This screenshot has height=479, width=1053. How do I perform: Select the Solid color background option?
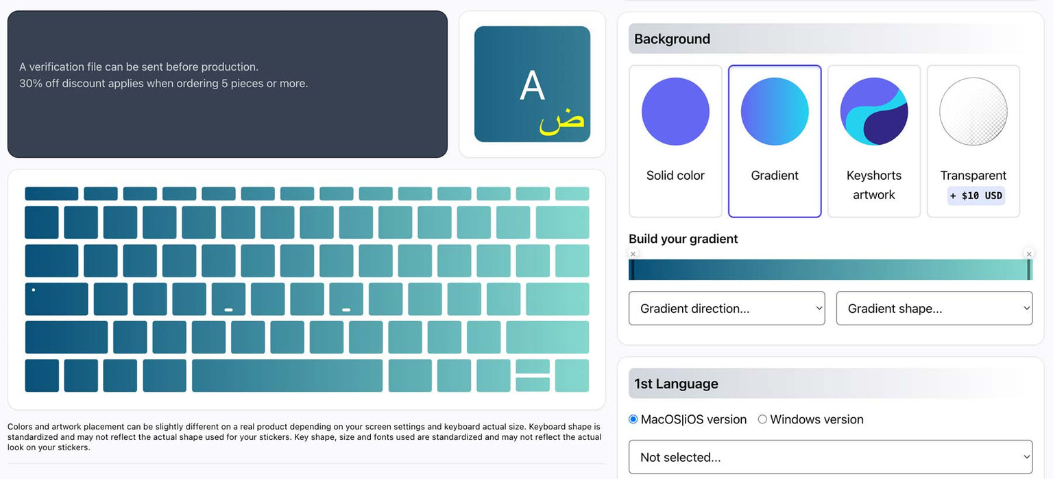[675, 141]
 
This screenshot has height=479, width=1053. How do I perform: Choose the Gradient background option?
[775, 141]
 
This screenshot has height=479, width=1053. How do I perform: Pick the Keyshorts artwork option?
[874, 141]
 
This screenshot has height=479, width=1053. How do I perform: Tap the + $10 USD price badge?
[976, 196]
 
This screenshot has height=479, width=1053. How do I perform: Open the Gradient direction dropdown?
[727, 308]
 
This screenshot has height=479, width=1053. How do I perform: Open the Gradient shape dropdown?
[934, 308]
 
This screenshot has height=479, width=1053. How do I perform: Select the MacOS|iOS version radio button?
[633, 419]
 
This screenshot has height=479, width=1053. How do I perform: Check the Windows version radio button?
[762, 419]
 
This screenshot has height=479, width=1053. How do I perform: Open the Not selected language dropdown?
[830, 457]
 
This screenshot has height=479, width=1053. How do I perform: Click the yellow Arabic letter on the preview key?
[561, 121]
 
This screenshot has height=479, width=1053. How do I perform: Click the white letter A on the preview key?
[532, 86]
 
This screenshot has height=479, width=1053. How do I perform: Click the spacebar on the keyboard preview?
[287, 375]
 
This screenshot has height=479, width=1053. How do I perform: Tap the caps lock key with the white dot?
[56, 299]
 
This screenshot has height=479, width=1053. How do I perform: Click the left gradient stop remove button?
[633, 254]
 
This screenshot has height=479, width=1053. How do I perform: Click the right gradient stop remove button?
[1028, 254]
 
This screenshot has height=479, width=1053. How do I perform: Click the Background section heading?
[672, 39]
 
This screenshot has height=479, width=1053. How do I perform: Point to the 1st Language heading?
[676, 384]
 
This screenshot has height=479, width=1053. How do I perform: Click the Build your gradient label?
[683, 239]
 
